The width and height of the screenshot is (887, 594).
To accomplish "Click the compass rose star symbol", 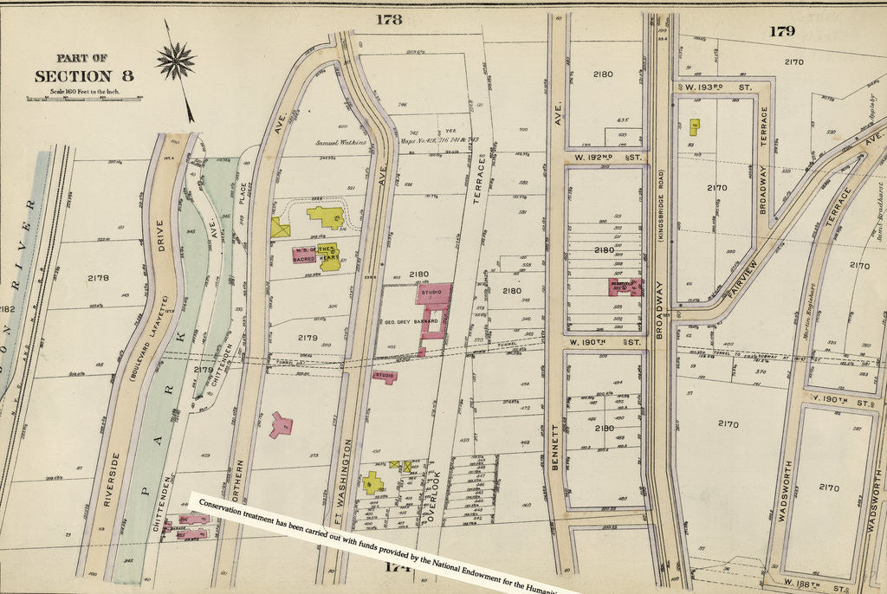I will coord(176,61).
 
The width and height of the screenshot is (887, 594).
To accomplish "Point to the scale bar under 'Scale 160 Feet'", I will coord(85,99).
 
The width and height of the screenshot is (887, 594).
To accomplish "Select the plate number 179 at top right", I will coord(782,31).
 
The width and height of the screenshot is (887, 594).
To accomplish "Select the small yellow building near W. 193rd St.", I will coord(695,126).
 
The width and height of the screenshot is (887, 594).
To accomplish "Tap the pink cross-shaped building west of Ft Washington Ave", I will coord(280,424).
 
